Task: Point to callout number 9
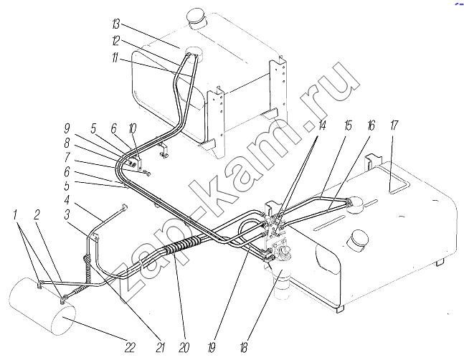[66, 129]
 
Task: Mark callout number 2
[37, 214]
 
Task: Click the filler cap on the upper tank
[196, 15]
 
